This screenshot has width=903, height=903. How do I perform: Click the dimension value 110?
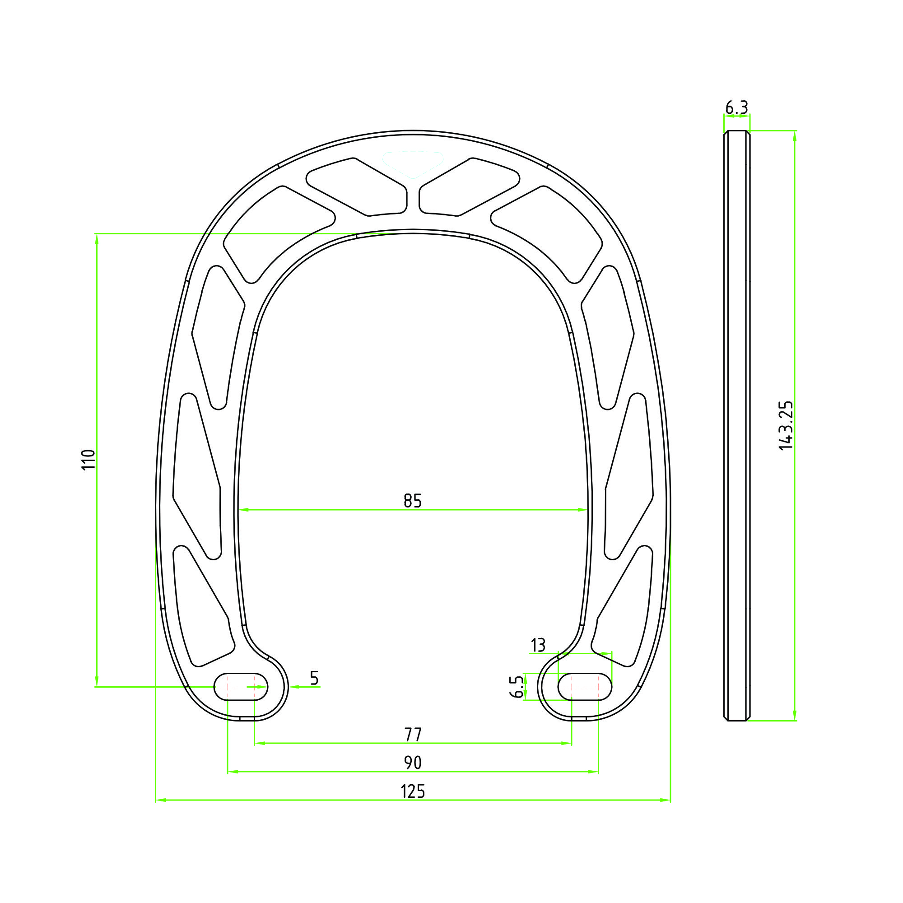(88, 460)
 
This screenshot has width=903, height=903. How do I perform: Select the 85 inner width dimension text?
(413, 501)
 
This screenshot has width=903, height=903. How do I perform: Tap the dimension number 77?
(413, 735)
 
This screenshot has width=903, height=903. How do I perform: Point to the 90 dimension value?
(413, 763)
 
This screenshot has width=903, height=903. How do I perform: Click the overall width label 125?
(413, 792)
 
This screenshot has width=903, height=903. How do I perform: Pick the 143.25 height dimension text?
(786, 426)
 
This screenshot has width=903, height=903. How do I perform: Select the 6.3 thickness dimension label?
(736, 108)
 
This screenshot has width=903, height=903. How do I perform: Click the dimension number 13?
(538, 646)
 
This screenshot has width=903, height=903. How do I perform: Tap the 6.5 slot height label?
(517, 687)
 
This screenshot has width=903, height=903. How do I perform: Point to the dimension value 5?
(314, 678)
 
